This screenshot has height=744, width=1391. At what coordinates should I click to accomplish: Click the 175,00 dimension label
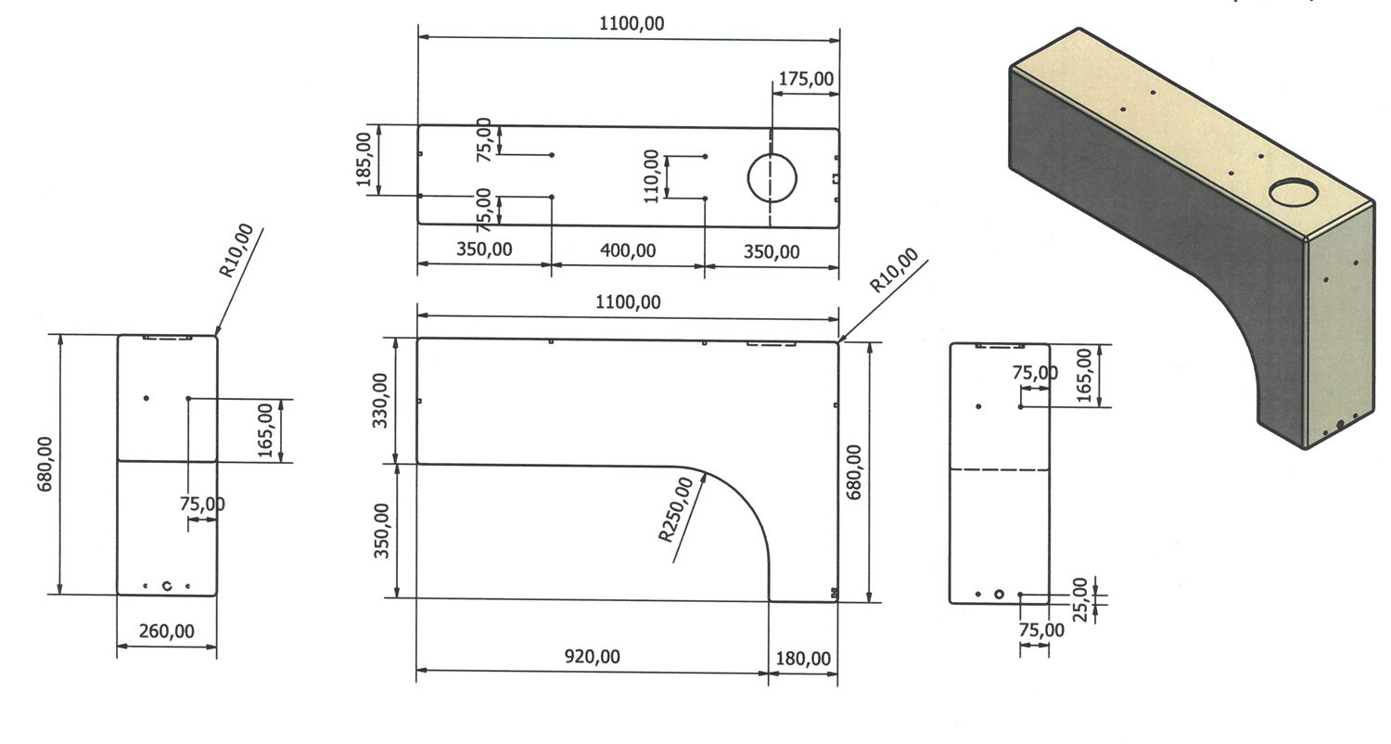point(805,79)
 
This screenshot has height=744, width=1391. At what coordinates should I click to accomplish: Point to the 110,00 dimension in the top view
point(652,175)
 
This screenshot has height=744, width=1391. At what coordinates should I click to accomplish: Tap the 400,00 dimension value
point(628,250)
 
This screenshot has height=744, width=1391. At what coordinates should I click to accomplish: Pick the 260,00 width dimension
point(167,631)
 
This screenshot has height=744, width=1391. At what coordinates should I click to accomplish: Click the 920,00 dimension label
point(592,657)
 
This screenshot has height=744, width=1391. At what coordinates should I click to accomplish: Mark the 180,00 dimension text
point(803,658)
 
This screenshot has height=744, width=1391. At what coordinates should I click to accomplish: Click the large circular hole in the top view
point(772,176)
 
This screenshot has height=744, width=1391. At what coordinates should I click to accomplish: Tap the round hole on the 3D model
point(1295,193)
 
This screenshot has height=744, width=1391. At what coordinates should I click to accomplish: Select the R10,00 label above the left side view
point(236,250)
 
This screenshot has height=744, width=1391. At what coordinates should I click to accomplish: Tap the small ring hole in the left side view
point(167,585)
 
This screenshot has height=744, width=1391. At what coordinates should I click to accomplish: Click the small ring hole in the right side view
point(999,593)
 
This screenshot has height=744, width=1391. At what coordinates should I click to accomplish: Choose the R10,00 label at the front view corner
point(895,270)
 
